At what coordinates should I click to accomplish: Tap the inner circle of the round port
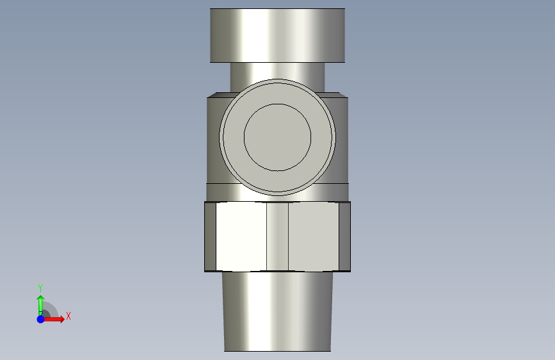point(277,137)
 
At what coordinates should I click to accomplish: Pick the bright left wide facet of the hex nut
point(241,236)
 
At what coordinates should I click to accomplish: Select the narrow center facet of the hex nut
point(277,236)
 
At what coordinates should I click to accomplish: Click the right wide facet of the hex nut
point(313,236)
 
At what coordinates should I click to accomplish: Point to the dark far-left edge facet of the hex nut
point(210,236)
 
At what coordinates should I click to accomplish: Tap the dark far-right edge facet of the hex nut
point(344,236)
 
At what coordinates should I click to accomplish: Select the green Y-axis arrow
point(40,303)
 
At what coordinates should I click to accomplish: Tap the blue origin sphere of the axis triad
point(40,319)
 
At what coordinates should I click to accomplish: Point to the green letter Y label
point(40,288)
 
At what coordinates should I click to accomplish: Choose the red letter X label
point(68,316)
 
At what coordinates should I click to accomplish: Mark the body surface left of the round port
point(213,141)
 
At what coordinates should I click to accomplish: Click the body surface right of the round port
point(342,141)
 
